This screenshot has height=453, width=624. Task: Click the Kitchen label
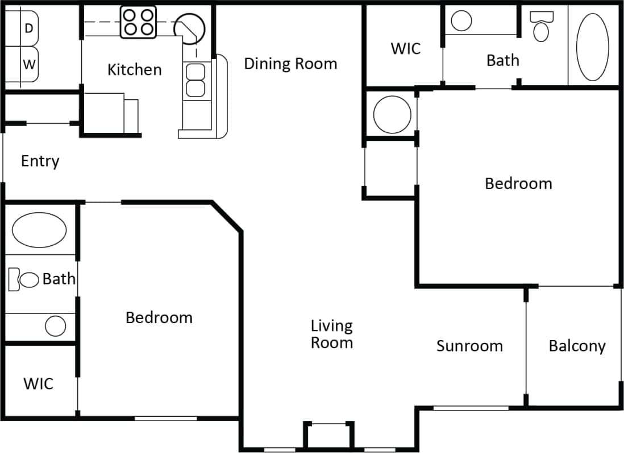tap(135, 70)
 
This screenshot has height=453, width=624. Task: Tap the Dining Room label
tap(290, 64)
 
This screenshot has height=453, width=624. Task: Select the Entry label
tap(40, 161)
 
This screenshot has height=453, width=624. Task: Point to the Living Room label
tap(332, 334)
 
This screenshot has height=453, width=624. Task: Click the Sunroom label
tap(469, 346)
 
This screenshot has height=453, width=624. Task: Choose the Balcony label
tap(577, 346)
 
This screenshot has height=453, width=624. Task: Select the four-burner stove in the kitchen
tap(138, 23)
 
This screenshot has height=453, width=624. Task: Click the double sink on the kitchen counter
tap(195, 80)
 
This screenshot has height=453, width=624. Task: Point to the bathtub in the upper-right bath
tap(593, 45)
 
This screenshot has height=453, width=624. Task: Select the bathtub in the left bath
tap(39, 230)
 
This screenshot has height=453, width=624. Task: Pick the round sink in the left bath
tap(56, 326)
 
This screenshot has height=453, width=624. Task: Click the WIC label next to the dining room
tap(406, 49)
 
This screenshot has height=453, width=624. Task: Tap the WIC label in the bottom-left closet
tap(39, 384)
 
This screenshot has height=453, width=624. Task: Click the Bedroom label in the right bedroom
tap(518, 183)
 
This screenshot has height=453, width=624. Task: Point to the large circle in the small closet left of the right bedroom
tap(392, 115)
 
